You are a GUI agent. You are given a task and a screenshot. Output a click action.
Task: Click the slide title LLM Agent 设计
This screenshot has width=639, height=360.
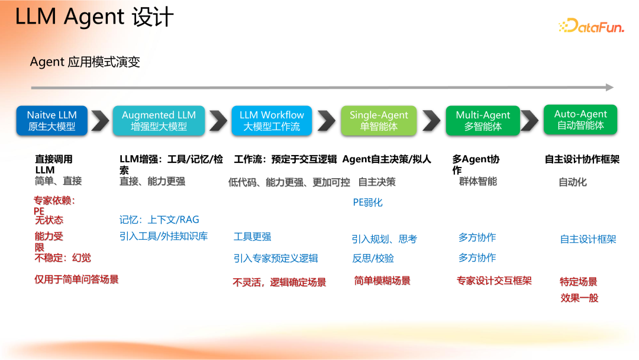point(95,17)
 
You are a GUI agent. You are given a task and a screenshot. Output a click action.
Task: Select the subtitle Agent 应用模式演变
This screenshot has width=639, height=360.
point(85,62)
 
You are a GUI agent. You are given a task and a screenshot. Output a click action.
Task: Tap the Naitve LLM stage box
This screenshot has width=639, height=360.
point(51,120)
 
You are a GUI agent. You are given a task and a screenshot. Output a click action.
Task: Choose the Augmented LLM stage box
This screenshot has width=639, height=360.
point(159,120)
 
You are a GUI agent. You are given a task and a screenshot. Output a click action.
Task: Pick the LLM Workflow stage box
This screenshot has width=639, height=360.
point(272,120)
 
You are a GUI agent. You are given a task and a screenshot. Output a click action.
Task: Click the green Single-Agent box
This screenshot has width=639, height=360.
point(379,120)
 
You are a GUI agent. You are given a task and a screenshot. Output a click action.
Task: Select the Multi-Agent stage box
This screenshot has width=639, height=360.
point(483,120)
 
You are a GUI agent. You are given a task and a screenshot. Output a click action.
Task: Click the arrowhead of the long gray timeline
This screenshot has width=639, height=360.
point(609,88)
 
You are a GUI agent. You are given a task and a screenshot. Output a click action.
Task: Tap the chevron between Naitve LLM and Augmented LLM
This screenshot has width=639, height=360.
point(101,121)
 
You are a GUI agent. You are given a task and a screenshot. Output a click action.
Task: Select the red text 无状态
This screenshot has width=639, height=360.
point(49,220)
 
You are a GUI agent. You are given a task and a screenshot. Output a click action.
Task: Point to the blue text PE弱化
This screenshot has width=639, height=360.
point(367,202)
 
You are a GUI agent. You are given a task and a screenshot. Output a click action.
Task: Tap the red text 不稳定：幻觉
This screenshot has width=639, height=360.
point(63,258)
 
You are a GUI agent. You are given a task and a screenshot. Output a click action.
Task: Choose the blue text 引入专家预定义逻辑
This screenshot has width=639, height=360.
point(276,258)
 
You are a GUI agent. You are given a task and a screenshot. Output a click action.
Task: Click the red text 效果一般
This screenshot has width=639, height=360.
point(579,298)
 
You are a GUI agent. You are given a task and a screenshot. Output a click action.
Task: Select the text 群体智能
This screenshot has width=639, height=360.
point(478,181)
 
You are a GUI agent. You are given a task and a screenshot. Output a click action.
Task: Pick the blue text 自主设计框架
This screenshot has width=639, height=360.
point(588,239)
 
